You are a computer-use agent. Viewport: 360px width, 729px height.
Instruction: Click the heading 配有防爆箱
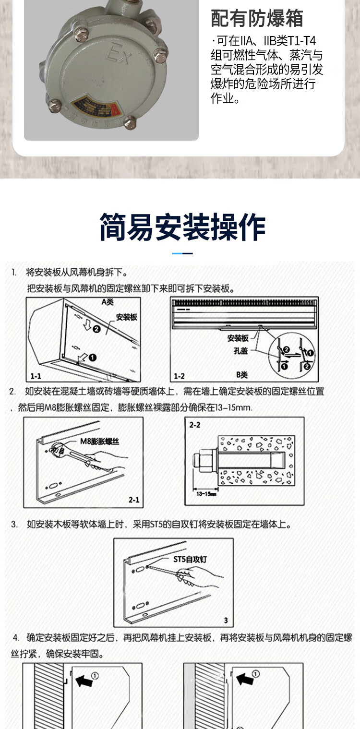point(257,18)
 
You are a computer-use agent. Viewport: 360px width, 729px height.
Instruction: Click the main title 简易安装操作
point(182,227)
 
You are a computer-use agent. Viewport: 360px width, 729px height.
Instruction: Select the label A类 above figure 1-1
point(107,302)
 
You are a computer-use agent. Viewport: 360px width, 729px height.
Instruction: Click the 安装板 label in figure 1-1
point(127,317)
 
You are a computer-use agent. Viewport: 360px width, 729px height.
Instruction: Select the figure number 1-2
point(179,375)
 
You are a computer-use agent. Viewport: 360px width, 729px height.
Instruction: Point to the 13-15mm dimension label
point(206,493)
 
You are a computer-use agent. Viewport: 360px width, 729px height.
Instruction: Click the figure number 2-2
point(195,425)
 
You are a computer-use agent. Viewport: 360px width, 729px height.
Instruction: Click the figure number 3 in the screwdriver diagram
point(226,620)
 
